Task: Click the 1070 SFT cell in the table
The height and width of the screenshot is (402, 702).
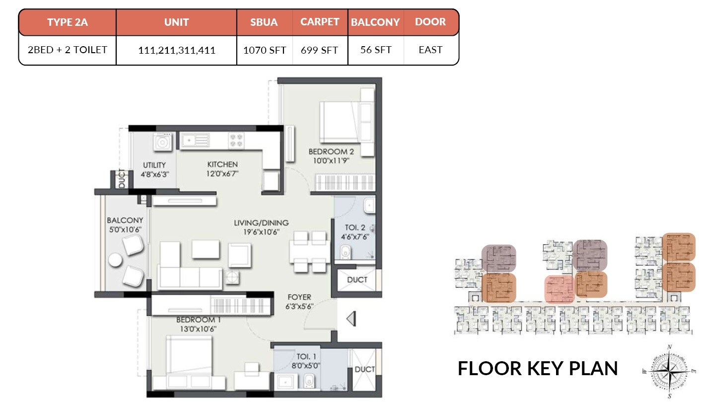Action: coord(264,50)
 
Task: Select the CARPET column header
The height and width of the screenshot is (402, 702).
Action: coord(320,22)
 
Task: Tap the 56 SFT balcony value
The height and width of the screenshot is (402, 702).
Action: coord(376,50)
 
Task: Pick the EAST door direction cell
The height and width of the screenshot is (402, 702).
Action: coord(430,50)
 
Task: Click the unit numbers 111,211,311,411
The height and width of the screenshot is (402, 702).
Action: coord(177,50)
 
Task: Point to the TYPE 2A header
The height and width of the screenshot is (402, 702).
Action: coord(68,22)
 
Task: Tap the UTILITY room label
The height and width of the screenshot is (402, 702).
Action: coord(154,165)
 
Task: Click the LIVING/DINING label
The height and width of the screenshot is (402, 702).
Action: coord(261,223)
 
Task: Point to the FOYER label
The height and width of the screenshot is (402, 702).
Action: coord(299,297)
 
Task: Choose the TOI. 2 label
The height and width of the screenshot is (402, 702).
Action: coord(355,228)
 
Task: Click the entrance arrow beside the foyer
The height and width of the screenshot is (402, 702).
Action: coord(351,319)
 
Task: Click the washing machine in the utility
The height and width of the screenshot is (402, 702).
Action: coord(162,143)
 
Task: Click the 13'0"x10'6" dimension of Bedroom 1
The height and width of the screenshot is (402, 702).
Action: coord(198,328)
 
